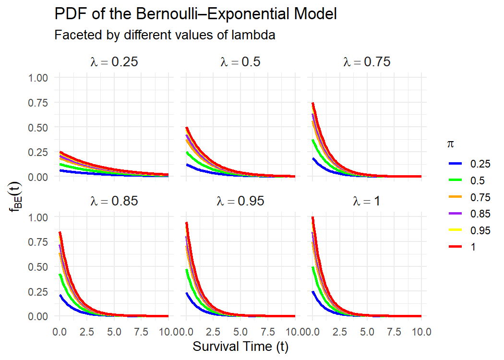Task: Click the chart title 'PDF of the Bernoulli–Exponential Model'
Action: [196, 14]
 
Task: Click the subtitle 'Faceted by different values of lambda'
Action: [165, 36]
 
